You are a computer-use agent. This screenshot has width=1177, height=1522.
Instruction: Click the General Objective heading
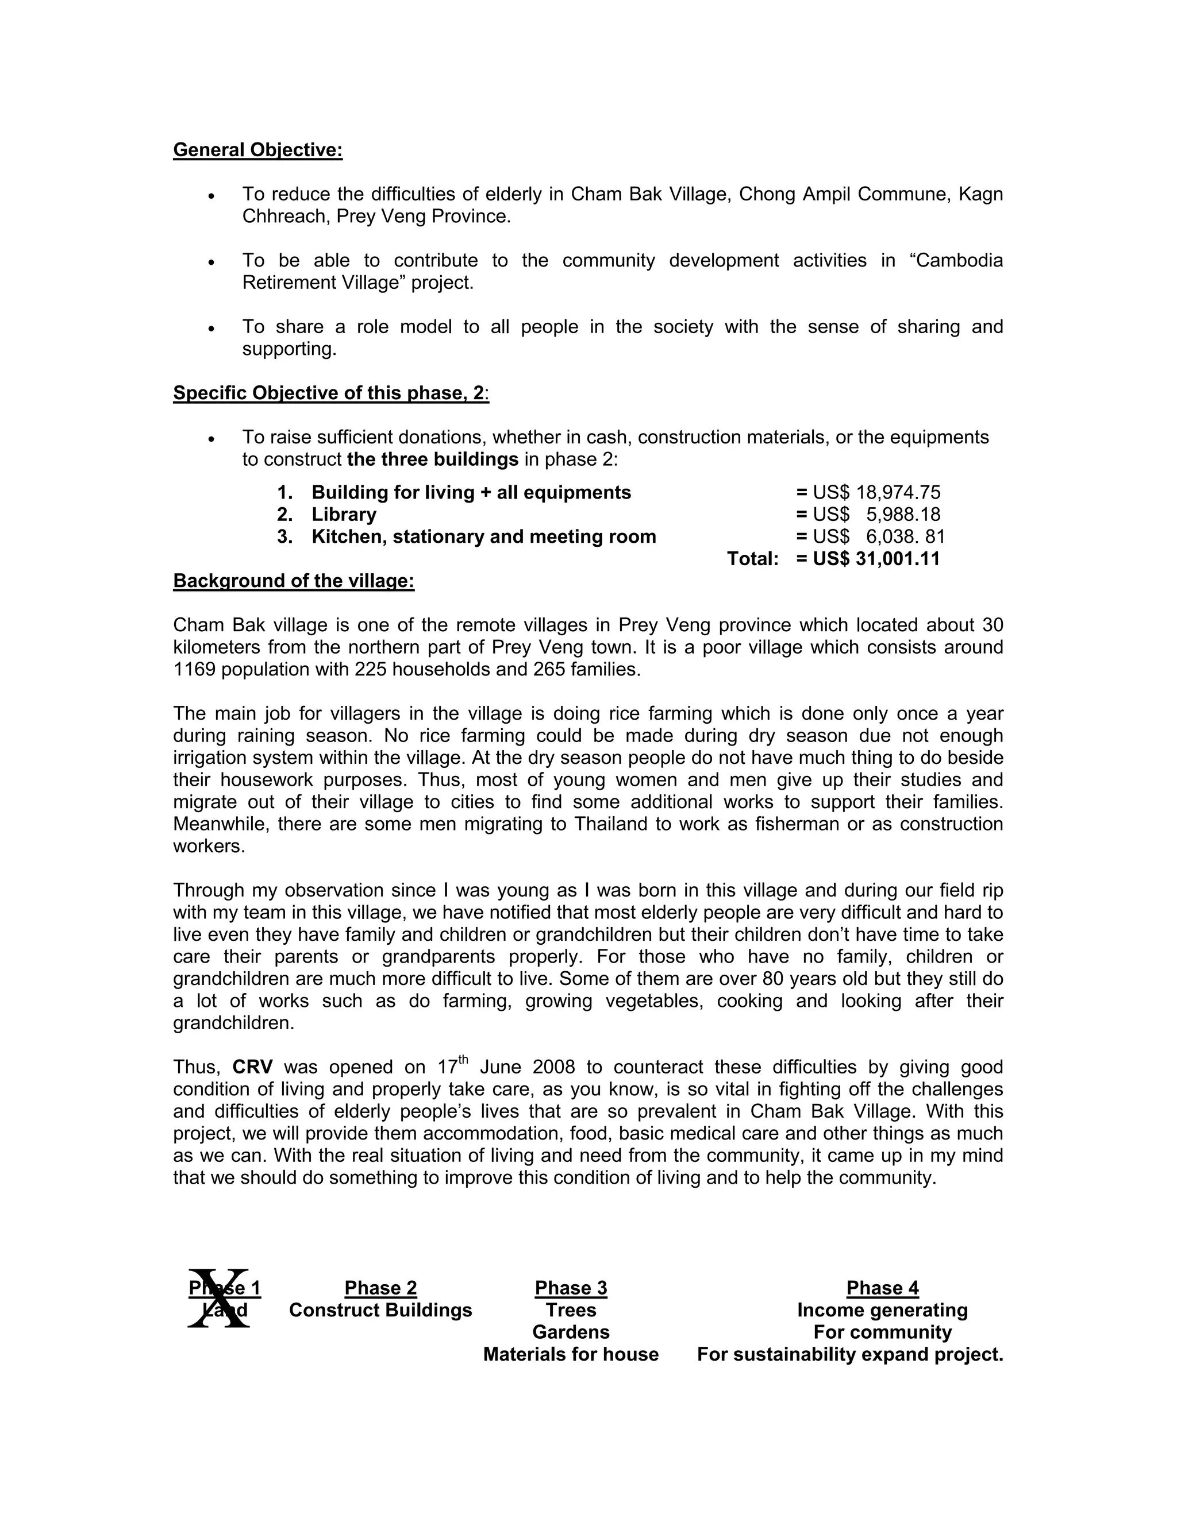(x=257, y=150)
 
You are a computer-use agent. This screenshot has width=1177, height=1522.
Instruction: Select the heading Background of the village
(x=294, y=581)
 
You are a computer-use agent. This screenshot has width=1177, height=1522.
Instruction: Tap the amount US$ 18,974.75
(x=876, y=493)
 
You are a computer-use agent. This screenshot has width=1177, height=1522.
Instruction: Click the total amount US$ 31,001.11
(x=876, y=559)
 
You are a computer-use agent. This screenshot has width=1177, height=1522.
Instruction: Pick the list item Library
(x=343, y=515)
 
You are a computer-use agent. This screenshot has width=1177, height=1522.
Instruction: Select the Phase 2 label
(x=380, y=1288)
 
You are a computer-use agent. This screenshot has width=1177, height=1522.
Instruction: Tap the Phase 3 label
(x=571, y=1288)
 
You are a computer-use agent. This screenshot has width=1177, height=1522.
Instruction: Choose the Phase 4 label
(x=882, y=1288)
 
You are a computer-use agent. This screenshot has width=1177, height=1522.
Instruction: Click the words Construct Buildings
(x=380, y=1310)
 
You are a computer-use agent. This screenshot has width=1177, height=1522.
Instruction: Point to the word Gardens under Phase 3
(x=571, y=1332)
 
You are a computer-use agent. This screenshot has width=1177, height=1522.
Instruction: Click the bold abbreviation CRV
(x=252, y=1068)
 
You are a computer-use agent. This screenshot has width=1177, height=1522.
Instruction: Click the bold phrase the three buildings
(x=432, y=459)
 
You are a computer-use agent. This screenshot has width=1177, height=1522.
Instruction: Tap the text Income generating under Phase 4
(x=882, y=1310)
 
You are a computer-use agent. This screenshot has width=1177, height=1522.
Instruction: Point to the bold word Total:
(x=752, y=559)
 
